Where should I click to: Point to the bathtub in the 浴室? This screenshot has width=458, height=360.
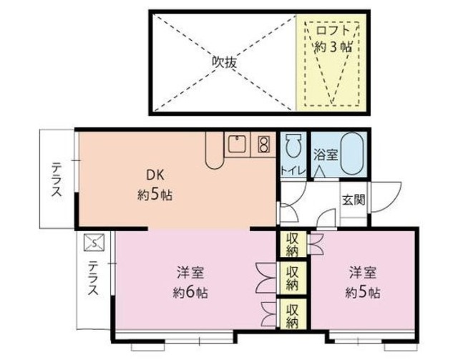pos(353,153)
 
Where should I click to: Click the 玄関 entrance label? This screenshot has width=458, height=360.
pos(352,199)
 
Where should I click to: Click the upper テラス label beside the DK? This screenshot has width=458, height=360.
pos(55,180)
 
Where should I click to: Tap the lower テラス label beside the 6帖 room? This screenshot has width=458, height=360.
pos(93,281)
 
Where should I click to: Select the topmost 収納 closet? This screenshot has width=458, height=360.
pos(292,243)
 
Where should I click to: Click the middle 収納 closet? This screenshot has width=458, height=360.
pos(292,278)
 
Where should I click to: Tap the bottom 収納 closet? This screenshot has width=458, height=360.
pos(292,315)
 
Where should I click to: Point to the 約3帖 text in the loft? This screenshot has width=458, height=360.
pos(333,47)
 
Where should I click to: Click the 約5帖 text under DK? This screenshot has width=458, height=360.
pos(155,194)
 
